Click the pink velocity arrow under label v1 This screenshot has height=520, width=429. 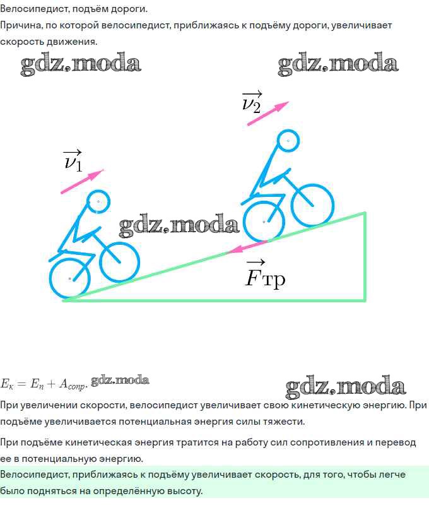[82, 181]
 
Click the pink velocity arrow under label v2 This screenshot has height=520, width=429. [268, 114]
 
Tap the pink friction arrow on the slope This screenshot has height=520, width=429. [247, 247]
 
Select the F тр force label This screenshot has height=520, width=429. [265, 275]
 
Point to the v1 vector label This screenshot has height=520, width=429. [73, 160]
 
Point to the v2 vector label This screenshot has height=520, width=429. [252, 102]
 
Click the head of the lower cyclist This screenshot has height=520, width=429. [98, 202]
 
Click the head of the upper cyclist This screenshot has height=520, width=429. [288, 141]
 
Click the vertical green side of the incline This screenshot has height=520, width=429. [365, 256]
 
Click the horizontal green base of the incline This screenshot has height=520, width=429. [214, 300]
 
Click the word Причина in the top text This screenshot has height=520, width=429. [21, 26]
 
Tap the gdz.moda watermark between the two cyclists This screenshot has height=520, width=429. [179, 225]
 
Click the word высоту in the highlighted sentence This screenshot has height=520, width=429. [185, 491]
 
